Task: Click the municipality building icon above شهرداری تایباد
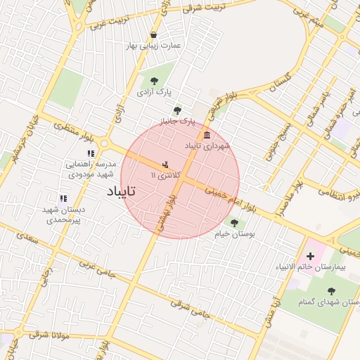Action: click(x=207, y=135)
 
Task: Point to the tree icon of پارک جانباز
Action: click(x=176, y=110)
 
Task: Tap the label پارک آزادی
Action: click(x=154, y=91)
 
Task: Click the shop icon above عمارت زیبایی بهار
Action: click(x=153, y=35)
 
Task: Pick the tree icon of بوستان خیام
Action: click(x=234, y=223)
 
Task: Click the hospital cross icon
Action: click(x=310, y=256)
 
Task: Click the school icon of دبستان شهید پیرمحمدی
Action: click(x=63, y=199)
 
